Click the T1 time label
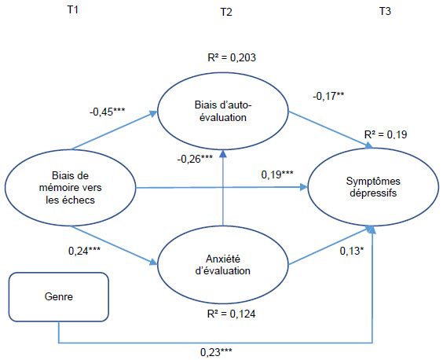click(72, 10)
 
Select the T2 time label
click(226, 12)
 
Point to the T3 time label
click(385, 11)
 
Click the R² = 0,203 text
click(232, 57)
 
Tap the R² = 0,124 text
click(231, 314)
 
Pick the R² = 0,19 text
click(386, 134)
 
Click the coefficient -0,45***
click(107, 112)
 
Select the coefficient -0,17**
click(328, 97)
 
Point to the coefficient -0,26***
click(195, 159)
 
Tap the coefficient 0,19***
click(277, 174)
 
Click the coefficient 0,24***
click(84, 251)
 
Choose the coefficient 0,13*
click(352, 251)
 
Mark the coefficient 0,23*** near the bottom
click(216, 352)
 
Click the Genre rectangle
click(59, 297)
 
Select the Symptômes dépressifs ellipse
click(373, 187)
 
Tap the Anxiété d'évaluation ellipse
click(223, 265)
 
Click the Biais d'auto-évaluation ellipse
click(223, 111)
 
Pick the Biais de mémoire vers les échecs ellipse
click(71, 188)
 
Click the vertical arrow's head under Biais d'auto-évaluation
click(223, 153)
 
